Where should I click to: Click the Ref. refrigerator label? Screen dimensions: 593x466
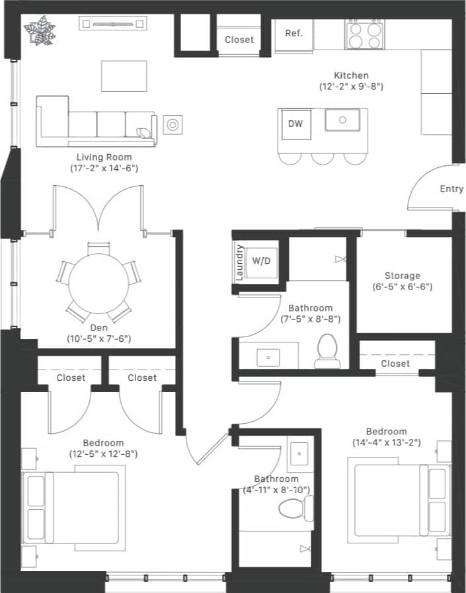pyautogui.click(x=294, y=34)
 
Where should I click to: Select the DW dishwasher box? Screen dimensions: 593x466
pyautogui.click(x=295, y=124)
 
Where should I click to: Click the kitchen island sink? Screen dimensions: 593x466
pyautogui.click(x=342, y=120)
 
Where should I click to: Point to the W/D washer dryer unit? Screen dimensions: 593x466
pyautogui.click(x=261, y=260)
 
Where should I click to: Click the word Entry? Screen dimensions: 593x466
pyautogui.click(x=451, y=189)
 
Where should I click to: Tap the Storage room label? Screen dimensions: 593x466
pyautogui.click(x=403, y=276)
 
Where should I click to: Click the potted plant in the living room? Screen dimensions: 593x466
pyautogui.click(x=40, y=30)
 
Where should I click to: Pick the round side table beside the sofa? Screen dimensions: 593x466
pyautogui.click(x=173, y=124)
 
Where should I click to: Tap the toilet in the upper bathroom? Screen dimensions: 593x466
pyautogui.click(x=327, y=351)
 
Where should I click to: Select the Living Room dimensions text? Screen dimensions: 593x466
pyautogui.click(x=104, y=169)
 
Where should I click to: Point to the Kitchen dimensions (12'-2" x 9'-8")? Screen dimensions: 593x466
pyautogui.click(x=351, y=87)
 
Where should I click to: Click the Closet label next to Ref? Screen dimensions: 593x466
pyautogui.click(x=239, y=40)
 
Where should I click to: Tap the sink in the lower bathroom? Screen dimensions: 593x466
pyautogui.click(x=301, y=454)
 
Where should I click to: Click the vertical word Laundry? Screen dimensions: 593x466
pyautogui.click(x=240, y=262)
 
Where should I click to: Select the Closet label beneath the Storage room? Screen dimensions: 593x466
pyautogui.click(x=395, y=364)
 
